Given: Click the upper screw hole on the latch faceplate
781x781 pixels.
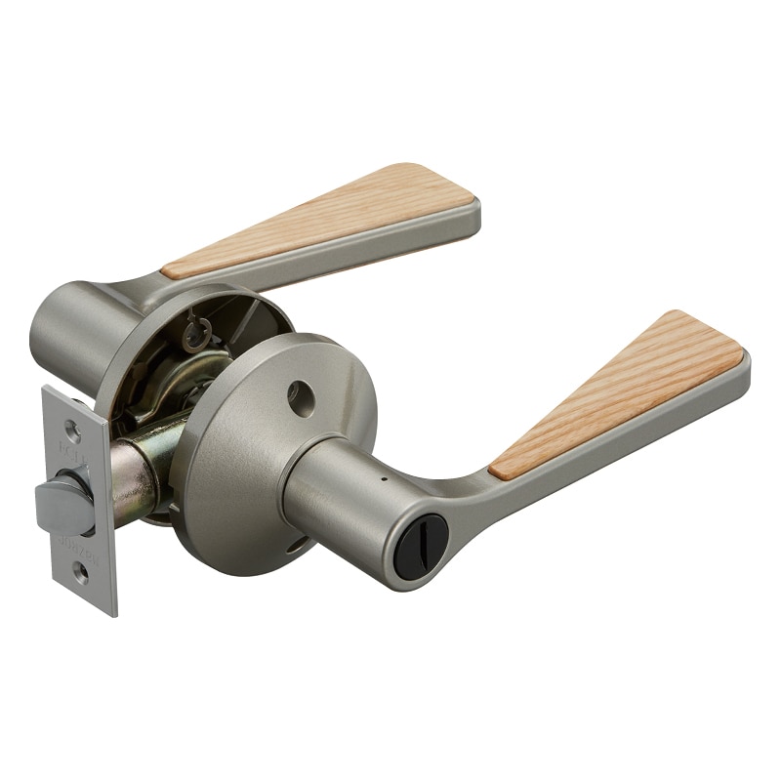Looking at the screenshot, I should click(72, 428).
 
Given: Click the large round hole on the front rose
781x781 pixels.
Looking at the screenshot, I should click(304, 394).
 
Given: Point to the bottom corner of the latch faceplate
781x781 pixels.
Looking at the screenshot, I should click(111, 613).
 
